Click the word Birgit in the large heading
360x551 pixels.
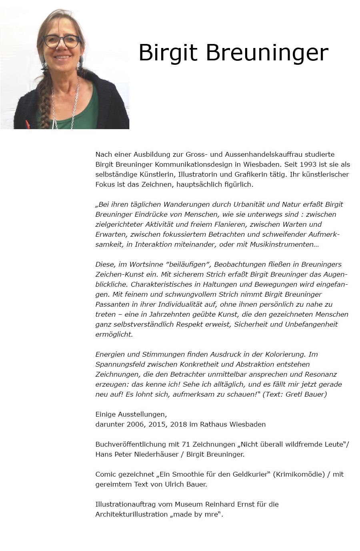point(168,53)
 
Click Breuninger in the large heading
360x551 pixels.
point(267,53)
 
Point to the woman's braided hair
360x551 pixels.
point(45,100)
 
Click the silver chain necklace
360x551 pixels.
point(75,106)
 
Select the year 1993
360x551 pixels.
point(308,164)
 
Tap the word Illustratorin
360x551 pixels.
point(198,174)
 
